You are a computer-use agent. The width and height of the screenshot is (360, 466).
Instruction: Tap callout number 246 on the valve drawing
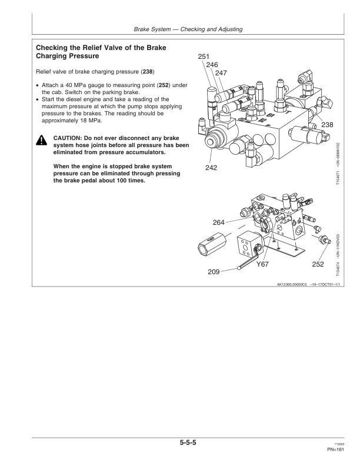[x=212, y=65]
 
